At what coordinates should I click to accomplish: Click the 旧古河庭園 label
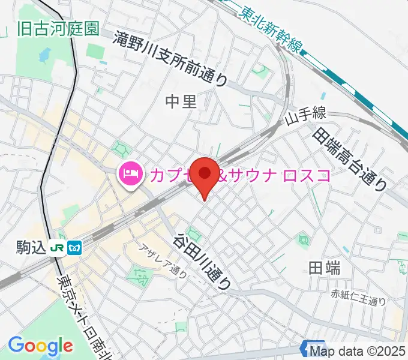[x=58, y=29]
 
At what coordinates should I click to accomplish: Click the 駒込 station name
[x=31, y=246]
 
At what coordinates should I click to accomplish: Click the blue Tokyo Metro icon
[x=75, y=246]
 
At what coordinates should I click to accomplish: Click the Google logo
[x=40, y=345]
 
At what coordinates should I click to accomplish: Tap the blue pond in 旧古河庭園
[x=43, y=56]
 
